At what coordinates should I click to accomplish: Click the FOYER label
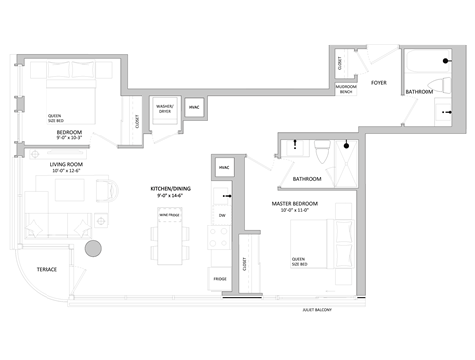[x=378, y=83]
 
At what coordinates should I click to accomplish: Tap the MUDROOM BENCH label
[x=346, y=88]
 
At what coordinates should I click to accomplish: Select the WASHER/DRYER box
[x=164, y=109]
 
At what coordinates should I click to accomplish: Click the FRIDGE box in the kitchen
[x=219, y=279]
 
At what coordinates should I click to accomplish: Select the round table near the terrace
[x=94, y=249]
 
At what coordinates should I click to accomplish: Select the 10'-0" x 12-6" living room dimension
[x=69, y=171]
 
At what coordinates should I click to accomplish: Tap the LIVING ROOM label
[x=69, y=164]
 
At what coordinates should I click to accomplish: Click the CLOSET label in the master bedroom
[x=243, y=265]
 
